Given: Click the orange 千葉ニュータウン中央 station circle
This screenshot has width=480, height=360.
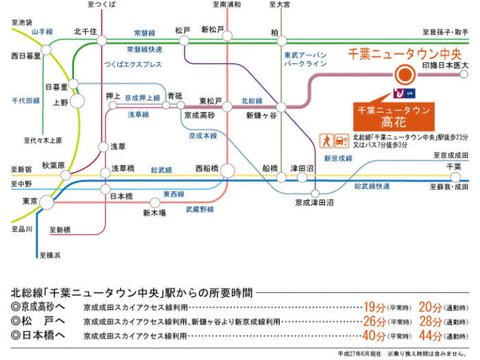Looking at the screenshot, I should click(x=404, y=75).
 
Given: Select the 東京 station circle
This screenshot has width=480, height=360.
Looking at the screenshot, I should click(x=47, y=202).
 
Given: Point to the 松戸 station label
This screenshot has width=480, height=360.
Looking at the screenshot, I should click(x=182, y=30).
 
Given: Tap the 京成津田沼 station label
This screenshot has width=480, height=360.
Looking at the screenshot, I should click(x=314, y=203).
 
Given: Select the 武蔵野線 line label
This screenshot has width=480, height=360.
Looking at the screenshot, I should click(x=200, y=209).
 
